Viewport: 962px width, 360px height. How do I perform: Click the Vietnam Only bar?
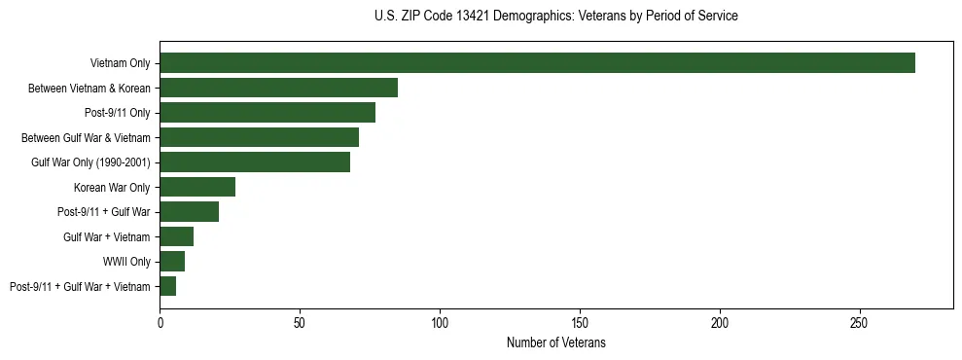click(537, 63)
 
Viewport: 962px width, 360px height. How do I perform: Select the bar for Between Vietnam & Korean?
click(278, 89)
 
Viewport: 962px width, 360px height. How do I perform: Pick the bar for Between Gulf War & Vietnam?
click(259, 137)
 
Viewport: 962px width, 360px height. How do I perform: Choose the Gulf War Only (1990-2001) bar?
click(255, 162)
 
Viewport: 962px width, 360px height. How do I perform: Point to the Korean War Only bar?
click(197, 187)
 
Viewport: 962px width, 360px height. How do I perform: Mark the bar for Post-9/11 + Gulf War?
click(189, 212)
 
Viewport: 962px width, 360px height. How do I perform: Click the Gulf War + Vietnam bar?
click(176, 236)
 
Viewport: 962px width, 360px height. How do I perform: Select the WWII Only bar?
click(172, 262)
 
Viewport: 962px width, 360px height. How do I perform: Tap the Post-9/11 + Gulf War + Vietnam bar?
click(167, 286)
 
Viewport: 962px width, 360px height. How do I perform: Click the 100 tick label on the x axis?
click(440, 322)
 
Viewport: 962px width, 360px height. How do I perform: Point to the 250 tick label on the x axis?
click(860, 322)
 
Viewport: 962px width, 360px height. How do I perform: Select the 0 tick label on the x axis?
click(160, 322)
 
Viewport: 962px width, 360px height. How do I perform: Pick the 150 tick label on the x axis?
click(580, 322)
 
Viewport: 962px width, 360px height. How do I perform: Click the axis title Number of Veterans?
click(556, 343)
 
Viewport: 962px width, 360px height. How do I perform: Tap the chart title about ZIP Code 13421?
click(555, 17)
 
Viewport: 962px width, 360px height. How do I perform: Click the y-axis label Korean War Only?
click(112, 187)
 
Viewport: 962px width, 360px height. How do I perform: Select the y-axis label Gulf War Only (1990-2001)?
click(90, 162)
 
